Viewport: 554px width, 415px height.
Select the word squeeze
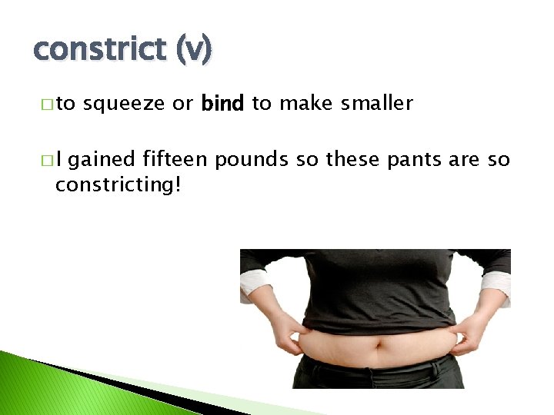click(x=125, y=104)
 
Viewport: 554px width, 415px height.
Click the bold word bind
click(x=222, y=104)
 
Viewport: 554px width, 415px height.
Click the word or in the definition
click(x=182, y=104)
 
